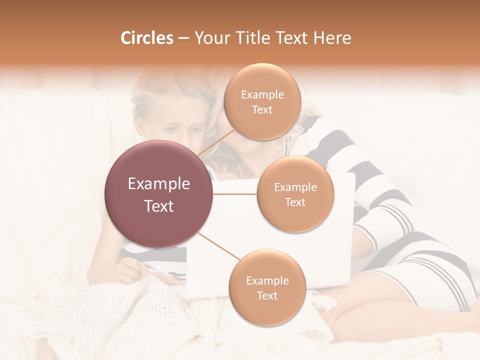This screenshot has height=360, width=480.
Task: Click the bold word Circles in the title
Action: pos(146,38)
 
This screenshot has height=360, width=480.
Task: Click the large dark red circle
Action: pos(159,194)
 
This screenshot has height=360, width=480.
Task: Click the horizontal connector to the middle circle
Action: pos(235,194)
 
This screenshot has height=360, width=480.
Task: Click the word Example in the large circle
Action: pos(159,184)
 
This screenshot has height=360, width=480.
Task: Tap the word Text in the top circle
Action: pos(262,110)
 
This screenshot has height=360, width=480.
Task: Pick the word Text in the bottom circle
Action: pos(267,295)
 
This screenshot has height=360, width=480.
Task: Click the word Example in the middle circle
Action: pos(295,187)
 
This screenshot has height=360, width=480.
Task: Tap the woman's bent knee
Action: pos(350,320)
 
